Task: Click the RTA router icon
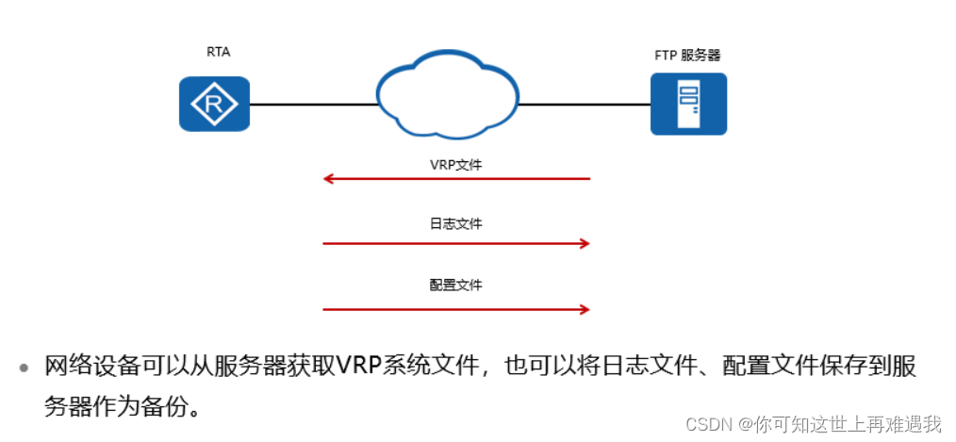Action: [x=215, y=104]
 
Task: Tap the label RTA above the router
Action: [x=218, y=53]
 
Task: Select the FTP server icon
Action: [x=688, y=104]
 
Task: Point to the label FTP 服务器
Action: [x=688, y=56]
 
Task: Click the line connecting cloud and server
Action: [x=584, y=104]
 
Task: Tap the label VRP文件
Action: [x=455, y=164]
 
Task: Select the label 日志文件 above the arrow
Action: [x=455, y=224]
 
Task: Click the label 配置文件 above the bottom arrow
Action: [x=455, y=285]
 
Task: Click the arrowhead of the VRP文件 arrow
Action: [x=328, y=178]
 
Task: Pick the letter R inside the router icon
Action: [x=215, y=105]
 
